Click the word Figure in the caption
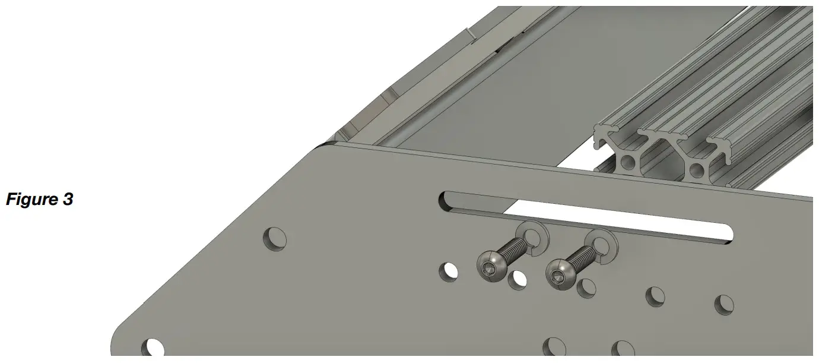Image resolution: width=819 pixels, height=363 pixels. pos(30,200)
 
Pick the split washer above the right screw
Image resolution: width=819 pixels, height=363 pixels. pos(601,243)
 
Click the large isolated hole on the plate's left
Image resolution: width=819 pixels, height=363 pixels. pos(275,238)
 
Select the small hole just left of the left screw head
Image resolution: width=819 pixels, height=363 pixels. pos(449,271)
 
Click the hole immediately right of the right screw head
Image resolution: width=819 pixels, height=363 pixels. pos(587,287)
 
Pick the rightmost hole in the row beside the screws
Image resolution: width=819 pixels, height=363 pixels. pos(723,304)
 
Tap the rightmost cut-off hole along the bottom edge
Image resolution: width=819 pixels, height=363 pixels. pos(623,349)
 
